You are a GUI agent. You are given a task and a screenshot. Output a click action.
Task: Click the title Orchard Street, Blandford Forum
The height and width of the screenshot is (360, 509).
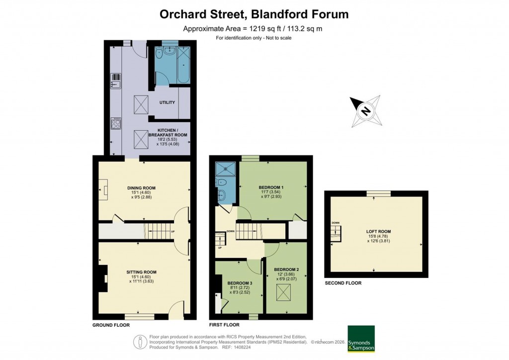(254, 14)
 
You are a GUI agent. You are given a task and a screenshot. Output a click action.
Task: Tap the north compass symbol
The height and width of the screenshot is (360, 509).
(366, 111)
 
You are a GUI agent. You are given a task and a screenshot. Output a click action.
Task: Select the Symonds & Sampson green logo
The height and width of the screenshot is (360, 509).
(361, 339)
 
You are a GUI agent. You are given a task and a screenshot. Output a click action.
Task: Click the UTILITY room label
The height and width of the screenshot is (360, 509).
(167, 102)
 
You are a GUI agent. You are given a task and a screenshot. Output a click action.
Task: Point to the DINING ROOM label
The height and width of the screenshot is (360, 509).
(142, 188)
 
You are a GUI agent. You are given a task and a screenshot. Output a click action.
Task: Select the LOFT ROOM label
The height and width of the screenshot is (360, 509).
(378, 231)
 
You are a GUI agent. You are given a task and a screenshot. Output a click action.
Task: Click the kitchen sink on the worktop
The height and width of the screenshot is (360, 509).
(115, 80)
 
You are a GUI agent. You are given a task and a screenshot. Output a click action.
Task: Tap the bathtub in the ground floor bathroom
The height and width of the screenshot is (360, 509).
(182, 65)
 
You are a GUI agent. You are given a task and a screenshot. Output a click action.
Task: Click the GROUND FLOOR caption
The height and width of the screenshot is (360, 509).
(111, 325)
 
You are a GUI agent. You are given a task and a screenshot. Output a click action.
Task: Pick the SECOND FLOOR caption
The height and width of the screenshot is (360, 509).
(343, 283)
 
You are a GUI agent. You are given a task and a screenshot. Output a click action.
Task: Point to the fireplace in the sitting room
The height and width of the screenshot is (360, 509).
(102, 279)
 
